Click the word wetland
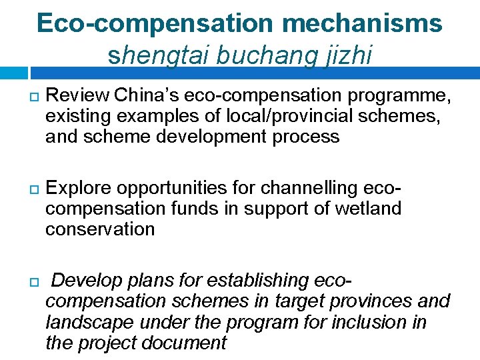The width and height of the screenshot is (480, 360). pyautogui.click(x=368, y=209)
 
